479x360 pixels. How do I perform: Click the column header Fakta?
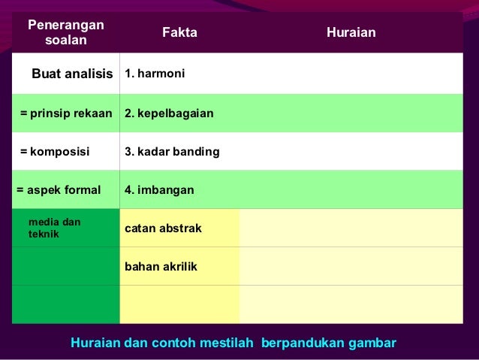[179, 33]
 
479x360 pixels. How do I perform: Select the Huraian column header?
[351, 33]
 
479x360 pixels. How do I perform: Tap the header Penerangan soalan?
[65, 33]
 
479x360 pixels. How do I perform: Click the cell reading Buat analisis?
[72, 74]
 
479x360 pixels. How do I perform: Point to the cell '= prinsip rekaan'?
[66, 113]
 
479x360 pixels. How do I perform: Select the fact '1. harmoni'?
[155, 74]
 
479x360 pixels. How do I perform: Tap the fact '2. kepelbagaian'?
[169, 113]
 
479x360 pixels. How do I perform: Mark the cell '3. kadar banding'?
[172, 152]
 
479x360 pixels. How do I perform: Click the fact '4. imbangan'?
[159, 190]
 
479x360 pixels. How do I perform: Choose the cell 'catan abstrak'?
[163, 228]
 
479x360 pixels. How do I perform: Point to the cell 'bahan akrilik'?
[161, 266]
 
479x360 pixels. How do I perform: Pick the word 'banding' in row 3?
[197, 152]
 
